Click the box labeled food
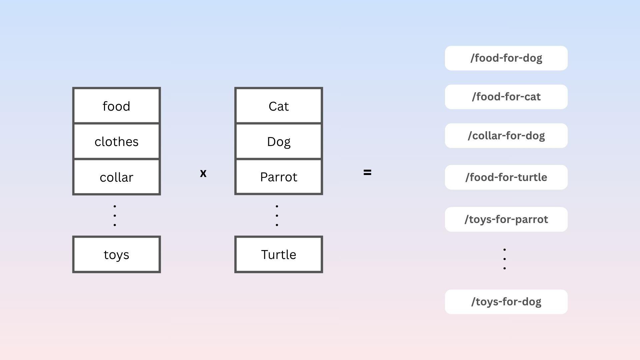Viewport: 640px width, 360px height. pyautogui.click(x=116, y=106)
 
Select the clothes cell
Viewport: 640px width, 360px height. pyautogui.click(x=116, y=142)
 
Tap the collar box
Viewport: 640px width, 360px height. pyautogui.click(x=116, y=177)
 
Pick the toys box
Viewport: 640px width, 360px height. pyautogui.click(x=116, y=255)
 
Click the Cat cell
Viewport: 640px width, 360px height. pyautogui.click(x=279, y=106)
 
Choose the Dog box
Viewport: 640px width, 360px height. pyautogui.click(x=279, y=142)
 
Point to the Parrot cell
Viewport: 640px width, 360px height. pyautogui.click(x=279, y=177)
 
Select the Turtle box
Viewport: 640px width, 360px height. pyautogui.click(x=279, y=255)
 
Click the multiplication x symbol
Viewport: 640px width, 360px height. pyautogui.click(x=203, y=173)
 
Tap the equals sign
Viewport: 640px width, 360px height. pyautogui.click(x=367, y=172)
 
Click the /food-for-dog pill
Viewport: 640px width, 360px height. pyautogui.click(x=506, y=58)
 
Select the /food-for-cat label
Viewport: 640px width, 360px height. pyautogui.click(x=506, y=97)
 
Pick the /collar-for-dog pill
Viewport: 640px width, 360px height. pyautogui.click(x=506, y=136)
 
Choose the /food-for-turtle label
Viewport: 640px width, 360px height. pyautogui.click(x=506, y=177)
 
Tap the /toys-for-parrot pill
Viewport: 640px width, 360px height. pyautogui.click(x=506, y=219)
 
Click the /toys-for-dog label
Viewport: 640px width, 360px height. pyautogui.click(x=506, y=302)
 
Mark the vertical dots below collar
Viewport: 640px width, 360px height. pyautogui.click(x=115, y=216)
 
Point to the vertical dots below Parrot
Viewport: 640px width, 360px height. pyautogui.click(x=277, y=216)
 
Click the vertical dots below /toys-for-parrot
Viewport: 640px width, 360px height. pyautogui.click(x=504, y=259)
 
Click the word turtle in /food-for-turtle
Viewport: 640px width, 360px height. pyautogui.click(x=532, y=177)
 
